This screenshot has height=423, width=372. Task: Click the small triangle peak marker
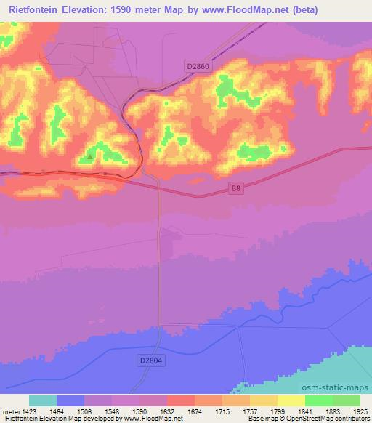90,156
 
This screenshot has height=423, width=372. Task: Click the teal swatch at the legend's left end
43,400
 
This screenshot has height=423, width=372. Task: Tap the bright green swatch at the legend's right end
346,400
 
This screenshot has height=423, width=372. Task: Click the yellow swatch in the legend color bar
291,400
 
